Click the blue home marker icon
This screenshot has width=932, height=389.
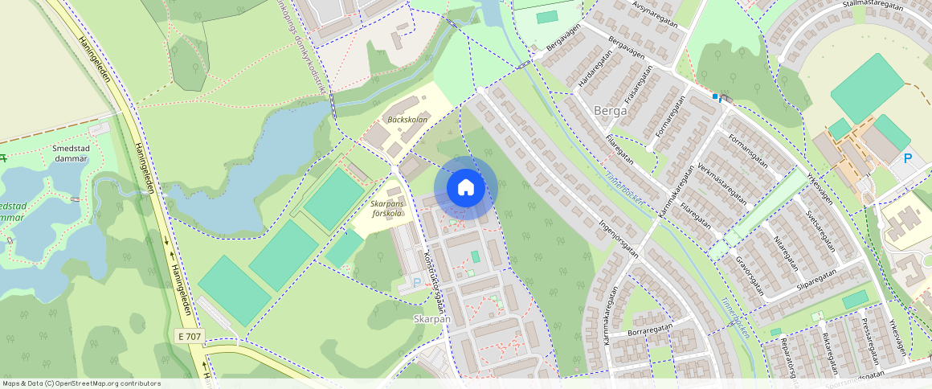coord(466,188)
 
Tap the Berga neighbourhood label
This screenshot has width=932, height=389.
coord(610,111)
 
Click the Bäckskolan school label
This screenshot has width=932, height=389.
coord(407,120)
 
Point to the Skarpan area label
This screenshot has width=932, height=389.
coord(431,318)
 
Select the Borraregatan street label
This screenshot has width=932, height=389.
coord(648,330)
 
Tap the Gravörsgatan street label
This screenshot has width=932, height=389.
coord(748,276)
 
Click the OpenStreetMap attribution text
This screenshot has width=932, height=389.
coord(81,383)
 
